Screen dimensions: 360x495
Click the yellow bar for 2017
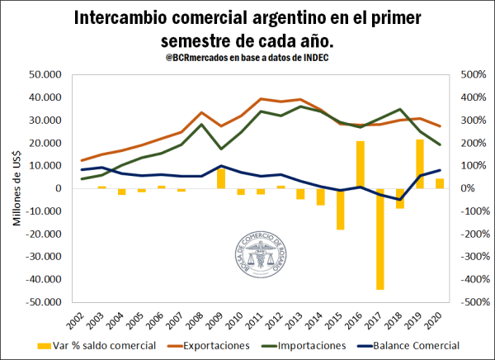tap(380, 239)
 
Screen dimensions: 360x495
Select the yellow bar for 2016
tap(361, 164)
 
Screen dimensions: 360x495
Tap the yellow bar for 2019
tap(420, 163)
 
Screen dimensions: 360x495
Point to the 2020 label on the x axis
tap(441, 319)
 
